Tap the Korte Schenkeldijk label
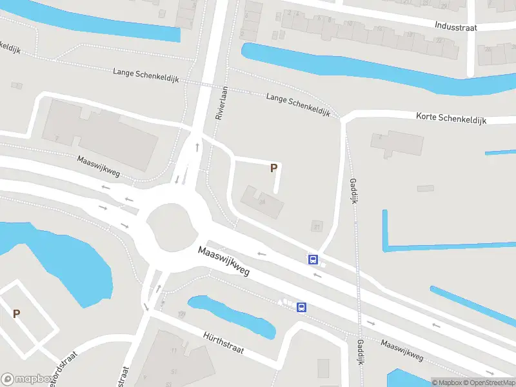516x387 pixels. click(x=451, y=118)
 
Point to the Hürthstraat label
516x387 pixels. click(x=223, y=341)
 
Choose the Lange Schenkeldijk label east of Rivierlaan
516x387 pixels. click(x=298, y=104)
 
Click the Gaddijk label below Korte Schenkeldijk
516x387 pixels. click(x=353, y=191)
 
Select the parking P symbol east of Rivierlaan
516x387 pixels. click(x=273, y=168)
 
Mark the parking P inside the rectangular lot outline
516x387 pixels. click(x=16, y=314)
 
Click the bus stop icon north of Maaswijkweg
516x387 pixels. click(x=313, y=259)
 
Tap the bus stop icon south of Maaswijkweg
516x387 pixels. click(x=301, y=307)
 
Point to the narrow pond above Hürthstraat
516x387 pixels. click(x=232, y=315)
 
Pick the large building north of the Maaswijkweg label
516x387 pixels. click(x=100, y=135)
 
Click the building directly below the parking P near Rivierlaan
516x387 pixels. click(x=262, y=201)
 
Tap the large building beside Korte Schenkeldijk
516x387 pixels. click(x=396, y=144)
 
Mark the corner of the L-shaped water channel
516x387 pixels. click(x=386, y=248)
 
